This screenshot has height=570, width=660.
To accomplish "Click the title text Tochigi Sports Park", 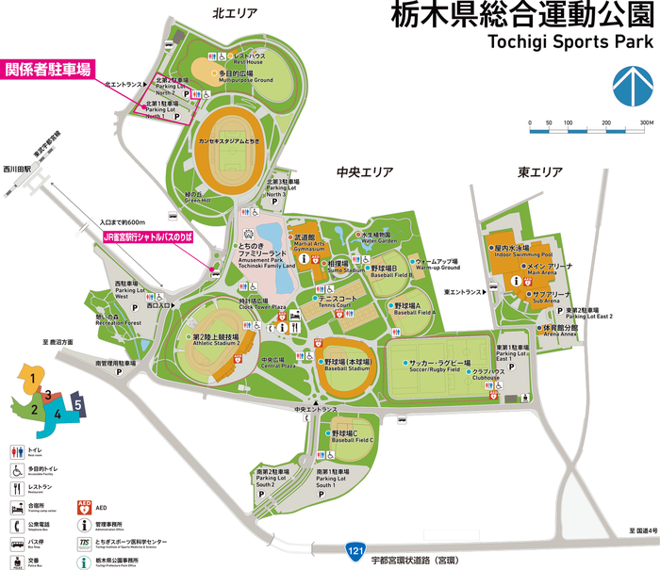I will tap(569, 42).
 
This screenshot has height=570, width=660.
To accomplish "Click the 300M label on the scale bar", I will tap(646, 122).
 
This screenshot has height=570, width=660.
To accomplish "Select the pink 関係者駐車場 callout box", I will tap(49, 69).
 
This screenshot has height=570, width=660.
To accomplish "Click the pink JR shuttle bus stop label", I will tap(147, 240).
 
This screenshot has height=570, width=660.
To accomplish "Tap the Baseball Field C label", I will tap(353, 437).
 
